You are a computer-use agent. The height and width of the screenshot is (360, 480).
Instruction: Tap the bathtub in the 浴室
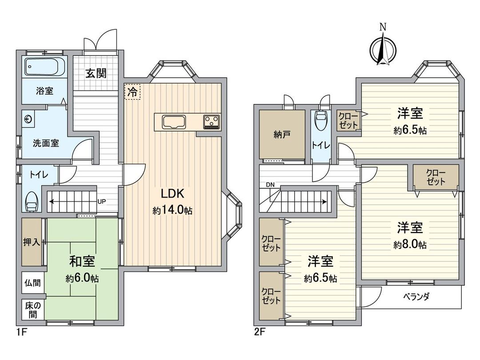pos(44,67)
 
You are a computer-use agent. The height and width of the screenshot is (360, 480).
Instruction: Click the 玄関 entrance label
pos(96,73)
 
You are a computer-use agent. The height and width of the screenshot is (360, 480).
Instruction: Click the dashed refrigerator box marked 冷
pos(132,92)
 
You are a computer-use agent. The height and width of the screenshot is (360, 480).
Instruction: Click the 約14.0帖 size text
pos(172,211)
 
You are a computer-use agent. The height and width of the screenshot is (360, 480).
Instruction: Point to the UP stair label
pos(101,201)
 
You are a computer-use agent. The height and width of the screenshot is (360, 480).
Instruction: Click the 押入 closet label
pos(32,242)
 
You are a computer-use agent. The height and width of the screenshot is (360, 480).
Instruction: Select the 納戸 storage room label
pos(282,135)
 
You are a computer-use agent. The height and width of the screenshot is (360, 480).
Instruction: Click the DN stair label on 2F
pos(270,184)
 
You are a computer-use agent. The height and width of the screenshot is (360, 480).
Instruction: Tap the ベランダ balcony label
pos(416,297)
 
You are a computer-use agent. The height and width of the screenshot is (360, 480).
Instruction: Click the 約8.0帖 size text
pos(409,244)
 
